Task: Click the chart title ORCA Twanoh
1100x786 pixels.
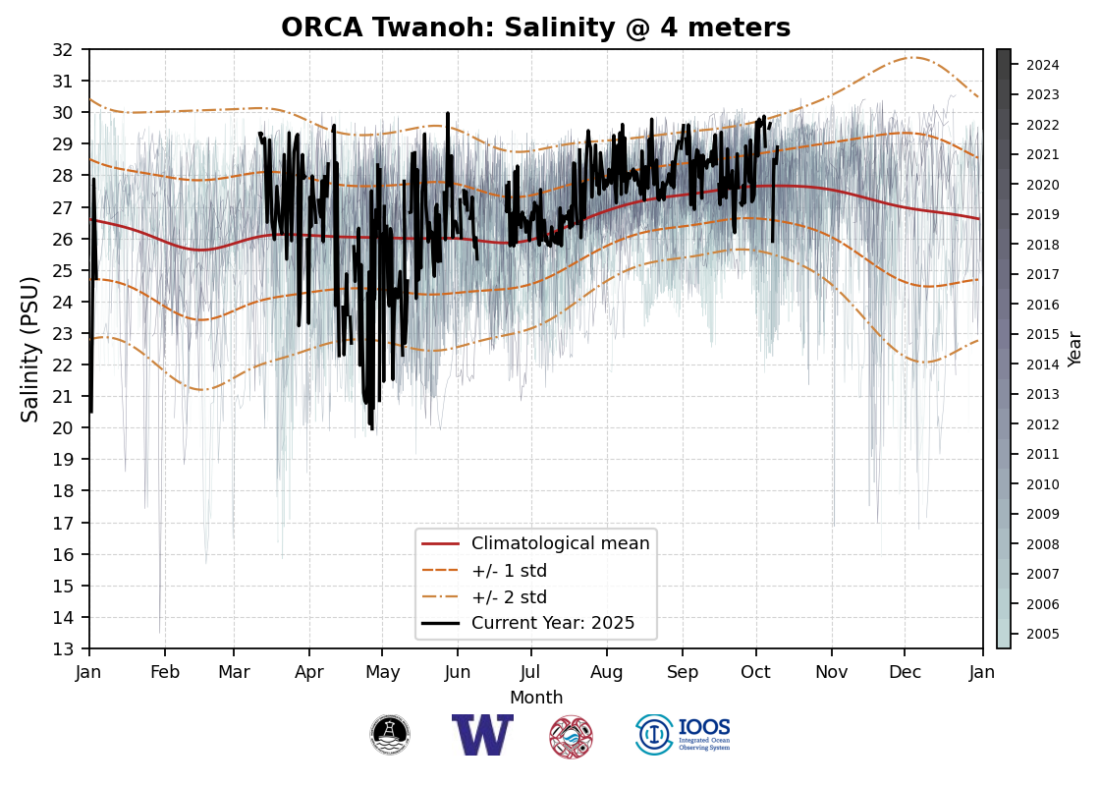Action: (535, 28)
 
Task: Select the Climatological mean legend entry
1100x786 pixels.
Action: (560, 543)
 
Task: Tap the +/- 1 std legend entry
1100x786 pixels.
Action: (509, 571)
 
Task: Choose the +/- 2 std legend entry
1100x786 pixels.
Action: (509, 597)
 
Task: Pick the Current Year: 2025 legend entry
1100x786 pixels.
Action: (553, 623)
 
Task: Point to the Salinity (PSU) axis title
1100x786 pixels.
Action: (30, 349)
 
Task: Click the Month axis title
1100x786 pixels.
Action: (536, 698)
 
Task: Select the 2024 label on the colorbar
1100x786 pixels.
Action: (1042, 65)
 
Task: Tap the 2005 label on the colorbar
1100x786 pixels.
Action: (1042, 634)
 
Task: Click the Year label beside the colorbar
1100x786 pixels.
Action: (1075, 349)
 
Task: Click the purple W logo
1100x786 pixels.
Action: (482, 735)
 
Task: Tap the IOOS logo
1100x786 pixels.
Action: (684, 735)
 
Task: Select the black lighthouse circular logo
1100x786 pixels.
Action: (390, 735)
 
